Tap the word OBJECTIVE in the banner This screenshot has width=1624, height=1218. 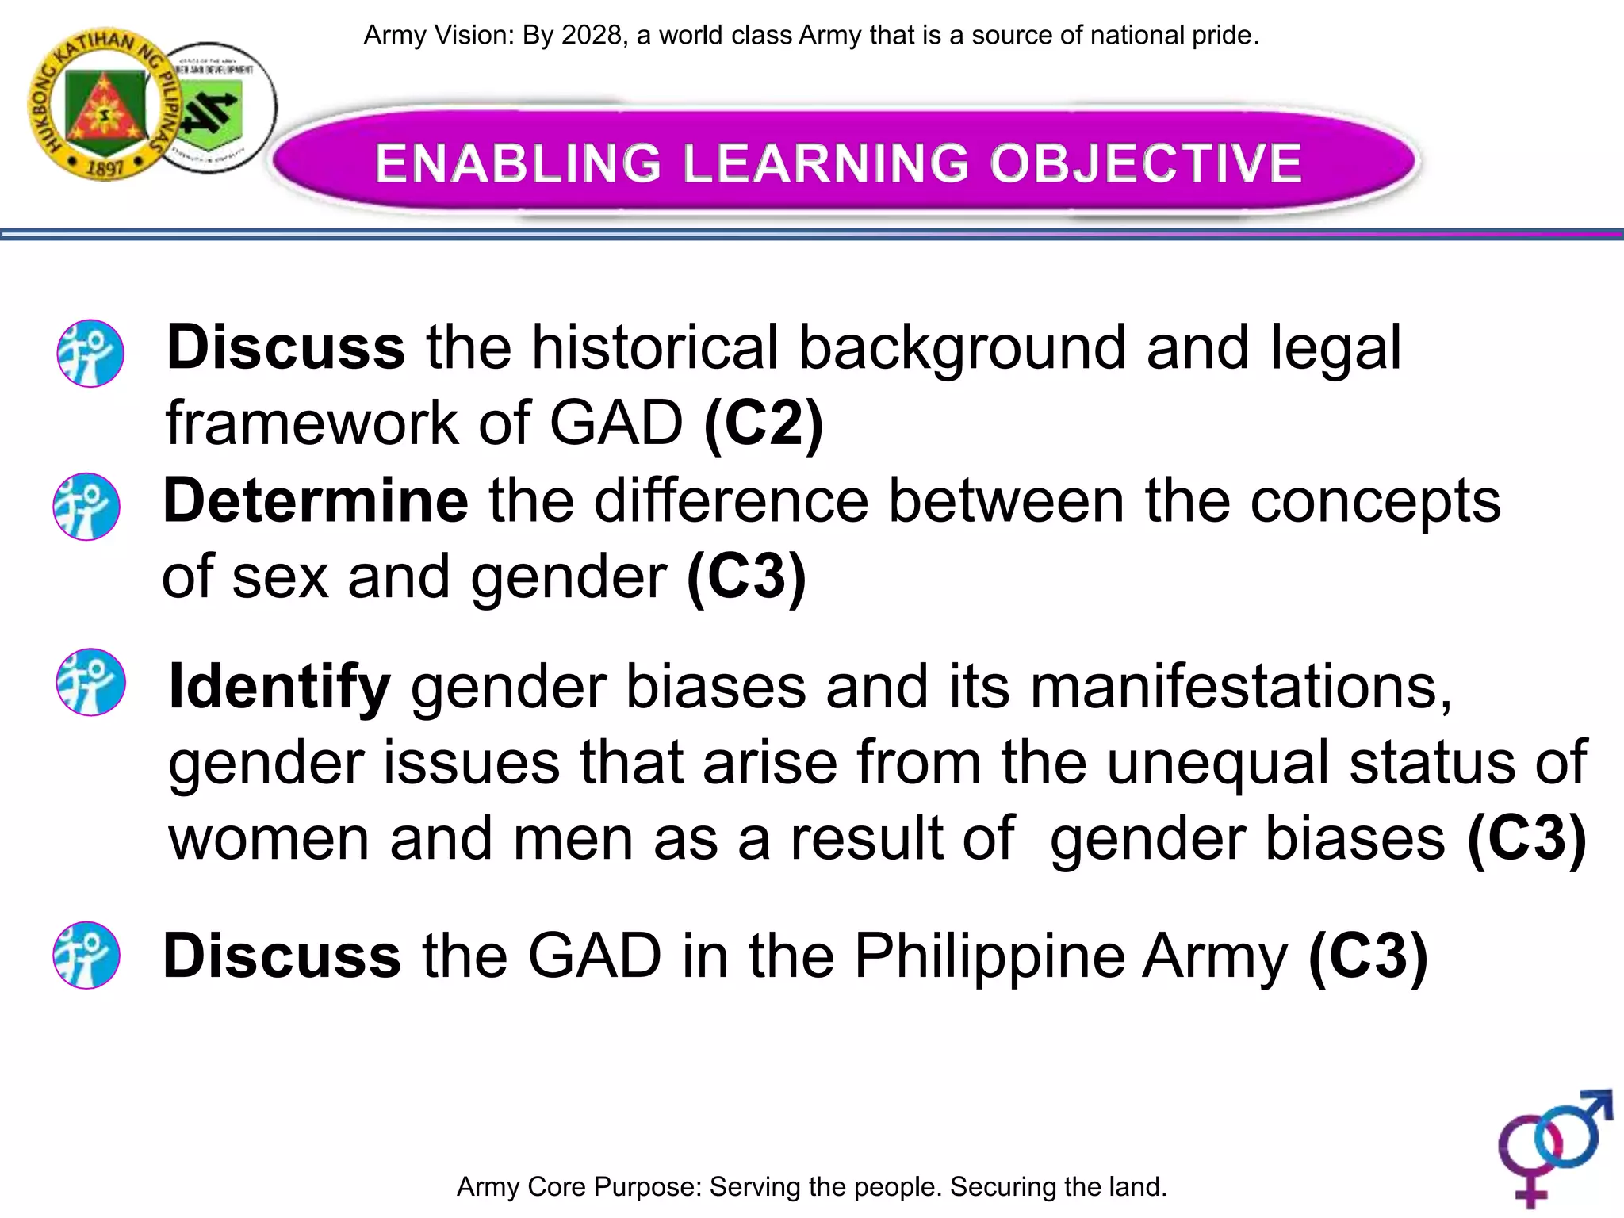(1145, 163)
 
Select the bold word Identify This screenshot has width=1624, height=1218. (279, 687)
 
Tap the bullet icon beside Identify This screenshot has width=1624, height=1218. (90, 683)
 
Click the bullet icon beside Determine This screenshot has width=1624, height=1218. (86, 507)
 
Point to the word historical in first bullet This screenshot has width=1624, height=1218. (655, 349)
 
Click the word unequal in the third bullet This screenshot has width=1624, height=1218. (1217, 763)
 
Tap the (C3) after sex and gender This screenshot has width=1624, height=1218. (746, 577)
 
